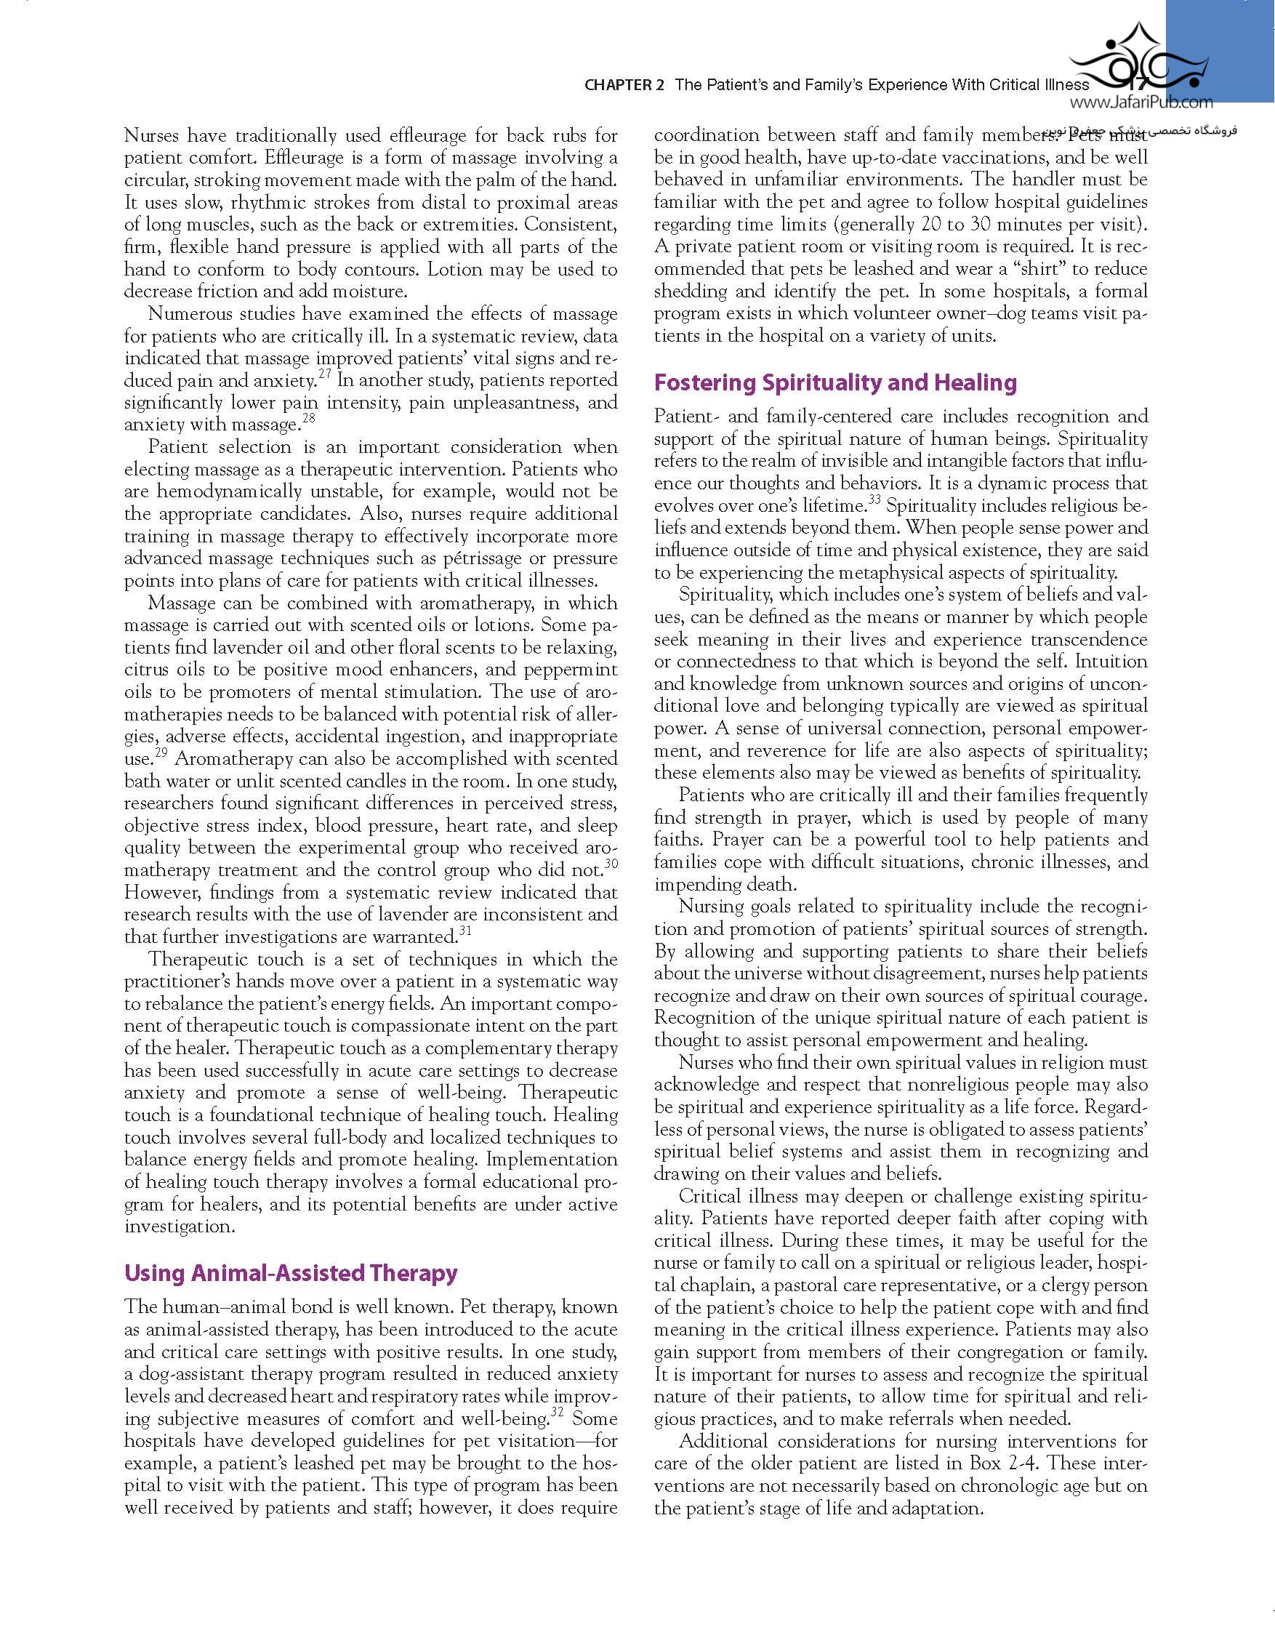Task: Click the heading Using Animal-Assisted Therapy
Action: (290, 1274)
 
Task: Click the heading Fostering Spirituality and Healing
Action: (834, 382)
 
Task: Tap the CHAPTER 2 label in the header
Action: (624, 85)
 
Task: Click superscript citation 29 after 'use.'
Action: (161, 752)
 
